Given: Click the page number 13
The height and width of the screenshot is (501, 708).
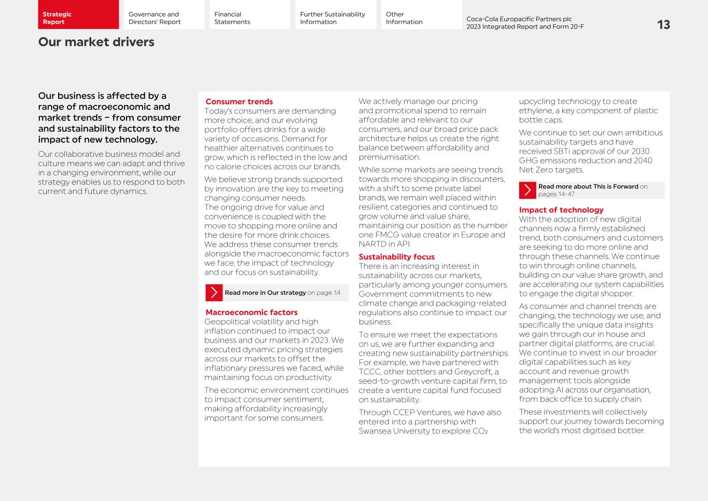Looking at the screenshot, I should [x=663, y=25].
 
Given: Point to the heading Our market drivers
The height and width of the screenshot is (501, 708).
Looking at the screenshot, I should [x=96, y=42].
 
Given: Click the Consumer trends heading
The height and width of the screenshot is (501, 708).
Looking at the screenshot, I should [x=239, y=102].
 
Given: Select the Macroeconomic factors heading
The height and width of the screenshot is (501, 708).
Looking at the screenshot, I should [x=251, y=313].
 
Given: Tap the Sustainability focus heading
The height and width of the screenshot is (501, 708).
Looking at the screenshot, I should [x=396, y=257].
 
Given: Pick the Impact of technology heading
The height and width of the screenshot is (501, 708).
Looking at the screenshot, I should [x=561, y=210].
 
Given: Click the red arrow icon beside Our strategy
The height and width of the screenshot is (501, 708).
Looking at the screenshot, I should [x=214, y=293].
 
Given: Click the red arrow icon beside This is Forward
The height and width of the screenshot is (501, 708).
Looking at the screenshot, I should [x=527, y=191].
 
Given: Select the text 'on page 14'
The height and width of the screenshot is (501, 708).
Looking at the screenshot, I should [x=324, y=293].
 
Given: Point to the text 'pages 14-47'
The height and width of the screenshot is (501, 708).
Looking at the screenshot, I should [x=556, y=194].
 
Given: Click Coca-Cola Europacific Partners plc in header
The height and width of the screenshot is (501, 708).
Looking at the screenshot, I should [x=519, y=19].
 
